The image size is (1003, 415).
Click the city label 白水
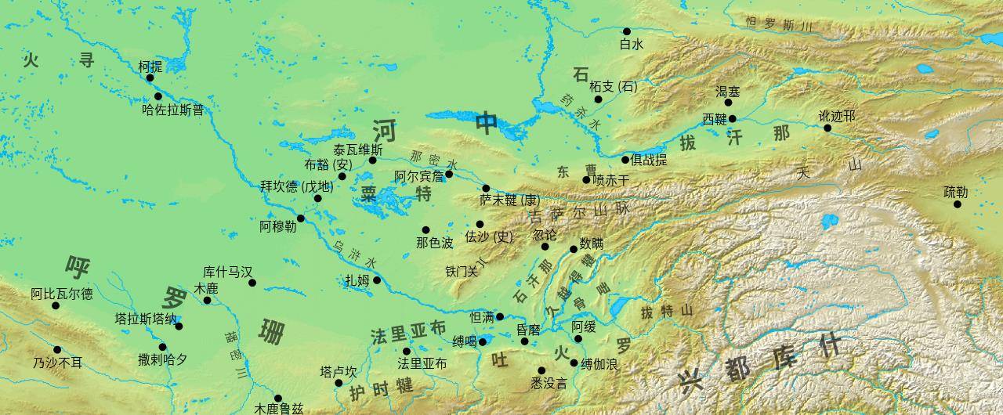pyautogui.click(x=631, y=45)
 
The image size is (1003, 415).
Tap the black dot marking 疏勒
pyautogui.click(x=957, y=204)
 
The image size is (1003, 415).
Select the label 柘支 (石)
pyautogui.click(x=614, y=87)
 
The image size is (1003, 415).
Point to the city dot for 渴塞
pyautogui.click(x=728, y=103)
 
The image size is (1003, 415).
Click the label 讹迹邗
pyautogui.click(x=837, y=116)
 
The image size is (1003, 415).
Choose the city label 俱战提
pyautogui.click(x=650, y=160)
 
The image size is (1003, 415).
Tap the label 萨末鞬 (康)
pyautogui.click(x=510, y=200)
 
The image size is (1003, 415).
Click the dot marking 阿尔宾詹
pyautogui.click(x=449, y=174)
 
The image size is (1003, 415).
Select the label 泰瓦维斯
pyautogui.click(x=358, y=149)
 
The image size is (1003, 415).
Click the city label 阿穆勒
pyautogui.click(x=278, y=226)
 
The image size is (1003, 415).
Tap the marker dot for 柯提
pyautogui.click(x=150, y=78)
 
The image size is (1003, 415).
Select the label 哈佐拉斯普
pyautogui.click(x=172, y=110)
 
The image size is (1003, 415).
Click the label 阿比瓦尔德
pyautogui.click(x=62, y=294)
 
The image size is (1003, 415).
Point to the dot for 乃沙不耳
pyautogui.click(x=57, y=350)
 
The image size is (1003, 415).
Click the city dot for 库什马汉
pyautogui.click(x=252, y=283)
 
